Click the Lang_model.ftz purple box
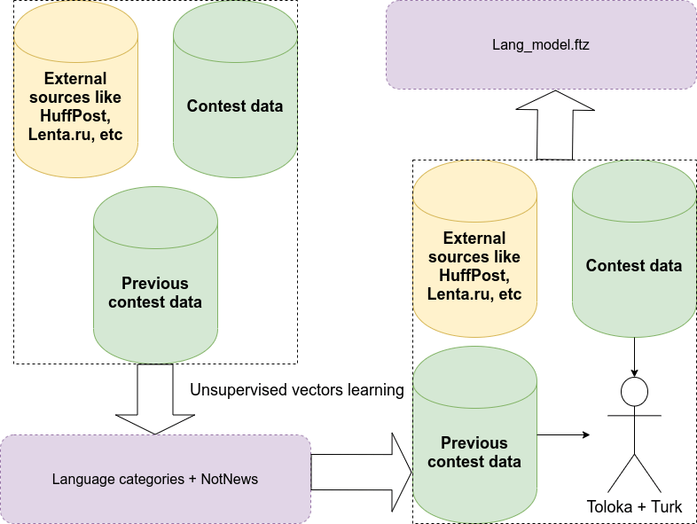coord(541,43)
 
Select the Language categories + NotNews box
coord(155,479)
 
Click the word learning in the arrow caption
coord(376,390)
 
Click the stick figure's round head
coord(635,390)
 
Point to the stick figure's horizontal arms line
coord(635,415)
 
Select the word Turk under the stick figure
coord(666,507)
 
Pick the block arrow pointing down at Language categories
coord(155,398)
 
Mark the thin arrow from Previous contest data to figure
coord(564,434)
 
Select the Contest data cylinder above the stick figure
coord(634,257)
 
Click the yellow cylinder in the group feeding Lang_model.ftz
coord(474,257)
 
